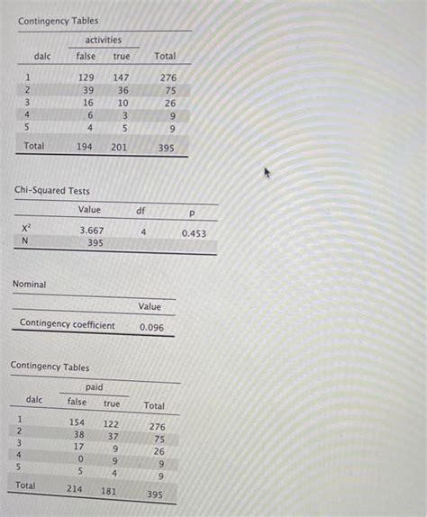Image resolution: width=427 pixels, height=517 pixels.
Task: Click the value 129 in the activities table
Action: point(86,78)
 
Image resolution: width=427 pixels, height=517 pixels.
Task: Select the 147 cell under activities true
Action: point(122,78)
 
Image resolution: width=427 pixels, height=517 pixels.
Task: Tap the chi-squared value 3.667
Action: point(91,231)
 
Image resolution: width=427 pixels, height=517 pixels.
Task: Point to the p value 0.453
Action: point(194,233)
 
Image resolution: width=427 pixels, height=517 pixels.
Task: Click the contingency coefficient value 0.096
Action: point(151,328)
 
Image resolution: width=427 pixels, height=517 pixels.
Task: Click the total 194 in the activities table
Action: point(86,146)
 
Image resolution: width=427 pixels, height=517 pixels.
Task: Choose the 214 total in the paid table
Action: point(74,489)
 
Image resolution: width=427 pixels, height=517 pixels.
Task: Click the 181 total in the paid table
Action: point(109,491)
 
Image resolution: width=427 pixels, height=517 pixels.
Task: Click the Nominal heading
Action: point(29,285)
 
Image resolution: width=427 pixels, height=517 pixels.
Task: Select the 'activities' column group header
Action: point(104,40)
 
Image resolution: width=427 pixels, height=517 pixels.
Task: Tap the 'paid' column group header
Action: point(95,386)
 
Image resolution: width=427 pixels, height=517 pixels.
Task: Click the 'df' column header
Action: point(141,211)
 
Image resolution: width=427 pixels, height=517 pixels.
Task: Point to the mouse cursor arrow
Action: point(266,171)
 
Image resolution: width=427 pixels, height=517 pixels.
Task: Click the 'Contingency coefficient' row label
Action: point(68,324)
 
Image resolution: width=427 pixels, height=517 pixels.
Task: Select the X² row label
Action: point(25,230)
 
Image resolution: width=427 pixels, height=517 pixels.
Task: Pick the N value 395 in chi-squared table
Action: point(95,242)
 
